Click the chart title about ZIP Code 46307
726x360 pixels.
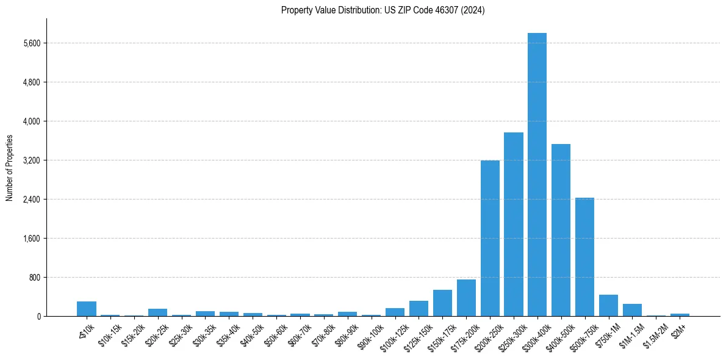coord(383,10)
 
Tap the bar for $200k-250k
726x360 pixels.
coord(490,238)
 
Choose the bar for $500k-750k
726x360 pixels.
coord(584,257)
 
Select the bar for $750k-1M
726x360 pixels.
coord(608,306)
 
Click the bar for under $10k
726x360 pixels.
coord(87,309)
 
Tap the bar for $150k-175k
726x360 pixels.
coord(442,303)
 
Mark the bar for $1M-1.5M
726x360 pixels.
coord(632,310)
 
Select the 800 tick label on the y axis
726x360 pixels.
coord(35,278)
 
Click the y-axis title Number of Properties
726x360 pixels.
coord(10,168)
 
